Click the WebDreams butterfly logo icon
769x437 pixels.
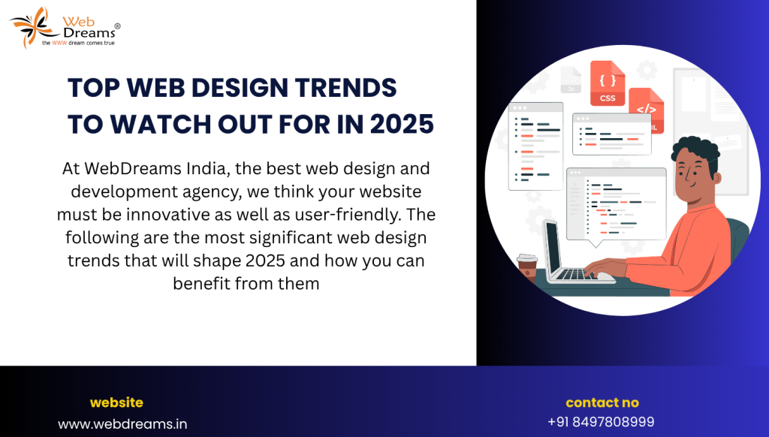[x=33, y=27]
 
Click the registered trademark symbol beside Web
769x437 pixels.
[x=117, y=26]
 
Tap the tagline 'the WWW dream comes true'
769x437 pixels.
[x=78, y=43]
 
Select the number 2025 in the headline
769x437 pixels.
[x=402, y=124]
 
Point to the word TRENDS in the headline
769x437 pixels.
[x=345, y=88]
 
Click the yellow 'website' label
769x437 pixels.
[x=116, y=402]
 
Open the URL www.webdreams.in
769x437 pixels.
[x=122, y=423]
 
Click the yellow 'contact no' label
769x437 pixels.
[x=602, y=402]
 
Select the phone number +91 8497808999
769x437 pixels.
[x=601, y=422]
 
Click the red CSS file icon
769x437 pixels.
[x=608, y=83]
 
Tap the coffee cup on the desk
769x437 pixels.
[x=527, y=267]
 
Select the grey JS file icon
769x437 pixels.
[x=571, y=80]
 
